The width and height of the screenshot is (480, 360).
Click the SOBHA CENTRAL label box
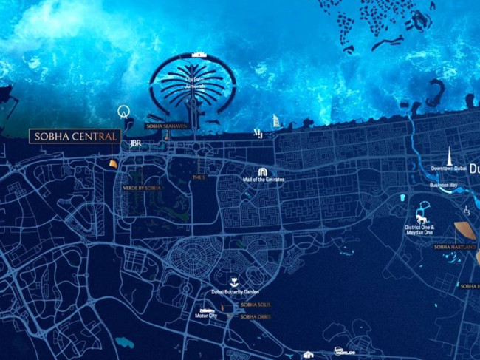click(x=74, y=137)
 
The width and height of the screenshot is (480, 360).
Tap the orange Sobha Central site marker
click(x=113, y=162)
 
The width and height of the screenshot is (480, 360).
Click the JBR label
click(x=135, y=143)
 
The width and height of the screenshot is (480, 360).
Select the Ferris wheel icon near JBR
click(x=123, y=112)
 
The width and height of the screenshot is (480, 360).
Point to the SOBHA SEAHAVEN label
click(x=165, y=126)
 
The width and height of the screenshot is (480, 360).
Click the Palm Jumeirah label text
click(x=195, y=84)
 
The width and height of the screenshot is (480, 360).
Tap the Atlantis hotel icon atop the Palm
click(x=197, y=54)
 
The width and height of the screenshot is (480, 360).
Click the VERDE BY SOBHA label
click(x=142, y=189)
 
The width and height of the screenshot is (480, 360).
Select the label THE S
click(x=198, y=177)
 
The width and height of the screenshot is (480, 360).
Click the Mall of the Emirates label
click(x=264, y=180)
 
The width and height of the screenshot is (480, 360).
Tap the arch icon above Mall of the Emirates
click(x=253, y=171)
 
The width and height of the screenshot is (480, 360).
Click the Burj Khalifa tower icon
click(x=448, y=156)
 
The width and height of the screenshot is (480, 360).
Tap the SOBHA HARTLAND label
click(x=453, y=247)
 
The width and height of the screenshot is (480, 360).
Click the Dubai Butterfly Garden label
click(x=236, y=292)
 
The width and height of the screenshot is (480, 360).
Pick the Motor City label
click(x=206, y=316)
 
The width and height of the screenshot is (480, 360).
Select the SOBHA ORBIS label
click(x=256, y=316)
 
